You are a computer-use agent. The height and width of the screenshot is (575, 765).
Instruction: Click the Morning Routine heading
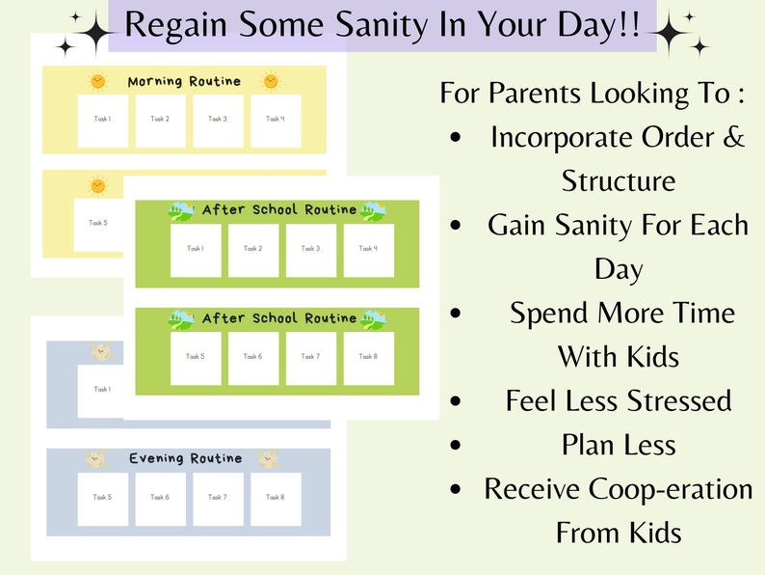click(184, 81)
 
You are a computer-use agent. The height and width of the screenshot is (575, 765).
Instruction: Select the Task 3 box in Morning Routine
click(218, 121)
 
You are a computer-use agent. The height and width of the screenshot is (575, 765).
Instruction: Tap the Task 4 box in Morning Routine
click(276, 121)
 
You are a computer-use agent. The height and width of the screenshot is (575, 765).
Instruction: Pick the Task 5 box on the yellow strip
click(98, 223)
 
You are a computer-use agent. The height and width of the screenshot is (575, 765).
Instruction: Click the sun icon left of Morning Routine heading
click(97, 81)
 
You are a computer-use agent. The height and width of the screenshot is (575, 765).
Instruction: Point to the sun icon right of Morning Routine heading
click(271, 81)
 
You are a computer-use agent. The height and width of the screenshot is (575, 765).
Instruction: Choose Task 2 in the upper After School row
click(253, 250)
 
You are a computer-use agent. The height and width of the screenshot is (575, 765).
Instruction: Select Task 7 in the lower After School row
click(310, 358)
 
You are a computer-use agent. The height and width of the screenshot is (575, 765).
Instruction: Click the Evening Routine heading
click(186, 458)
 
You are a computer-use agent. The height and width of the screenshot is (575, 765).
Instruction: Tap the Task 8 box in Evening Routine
click(276, 498)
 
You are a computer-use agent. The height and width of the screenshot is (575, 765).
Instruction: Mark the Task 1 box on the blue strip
click(101, 390)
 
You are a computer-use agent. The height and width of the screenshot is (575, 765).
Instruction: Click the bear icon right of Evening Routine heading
click(269, 458)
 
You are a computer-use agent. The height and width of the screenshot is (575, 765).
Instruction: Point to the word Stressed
click(674, 399)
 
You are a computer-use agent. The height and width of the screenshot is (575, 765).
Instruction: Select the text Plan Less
click(619, 444)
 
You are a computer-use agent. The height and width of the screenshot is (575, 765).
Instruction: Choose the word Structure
click(619, 180)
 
